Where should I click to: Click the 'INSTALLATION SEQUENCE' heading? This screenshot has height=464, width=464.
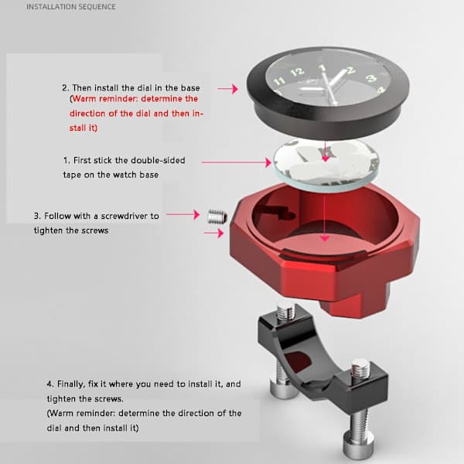71,6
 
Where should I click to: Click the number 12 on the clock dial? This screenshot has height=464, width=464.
298,72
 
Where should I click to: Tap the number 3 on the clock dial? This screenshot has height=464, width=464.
372,78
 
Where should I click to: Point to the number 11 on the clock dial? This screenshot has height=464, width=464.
278,80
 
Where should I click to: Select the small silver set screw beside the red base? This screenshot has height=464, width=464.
217,217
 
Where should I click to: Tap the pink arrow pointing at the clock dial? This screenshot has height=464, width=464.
228,88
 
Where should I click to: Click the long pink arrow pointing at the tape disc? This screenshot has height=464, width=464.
237,162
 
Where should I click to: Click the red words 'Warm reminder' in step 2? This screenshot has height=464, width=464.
105,98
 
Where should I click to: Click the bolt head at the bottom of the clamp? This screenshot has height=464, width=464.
357,445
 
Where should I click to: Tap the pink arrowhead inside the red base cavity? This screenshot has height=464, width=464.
325,238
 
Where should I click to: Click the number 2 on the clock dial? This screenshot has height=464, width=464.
350,70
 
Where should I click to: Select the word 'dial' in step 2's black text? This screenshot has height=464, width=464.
145,88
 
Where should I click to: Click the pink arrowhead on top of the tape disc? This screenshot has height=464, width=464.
326,159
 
